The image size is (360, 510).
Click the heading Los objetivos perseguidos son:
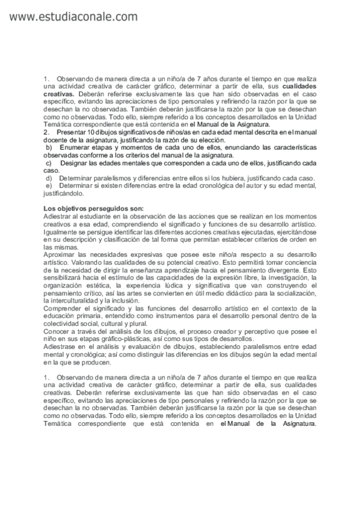point(85,207)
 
